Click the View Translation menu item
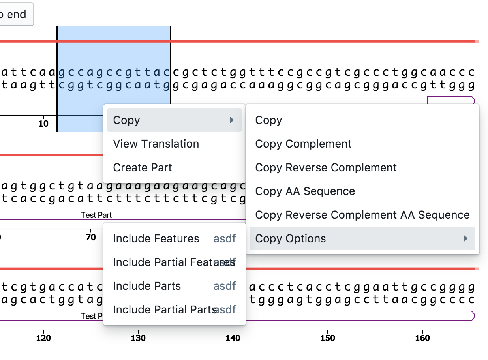point(156,144)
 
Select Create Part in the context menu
point(143,167)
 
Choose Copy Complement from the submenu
point(303,144)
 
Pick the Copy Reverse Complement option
point(326,167)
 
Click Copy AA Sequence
point(305,191)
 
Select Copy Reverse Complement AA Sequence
point(362,215)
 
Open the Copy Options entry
point(291,238)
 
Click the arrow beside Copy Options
point(465,238)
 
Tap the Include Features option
point(156,238)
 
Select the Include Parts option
point(147,286)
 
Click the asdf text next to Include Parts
point(225,286)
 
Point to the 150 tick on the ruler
point(328,338)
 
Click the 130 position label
point(138,338)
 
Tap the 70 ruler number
point(91,237)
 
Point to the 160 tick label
point(422,338)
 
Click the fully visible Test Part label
point(96,215)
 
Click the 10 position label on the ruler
point(43,124)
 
